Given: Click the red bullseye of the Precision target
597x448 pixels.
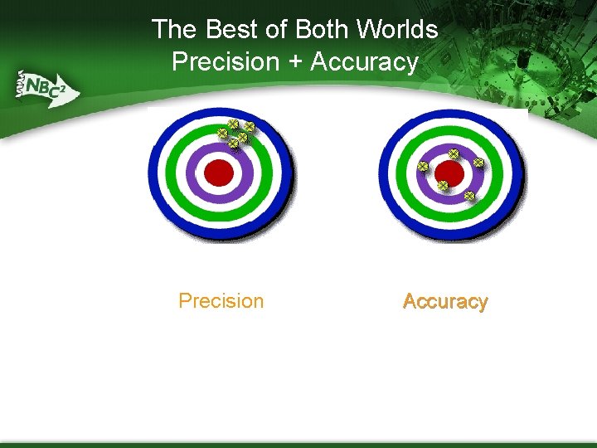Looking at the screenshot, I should pyautogui.click(x=220, y=173).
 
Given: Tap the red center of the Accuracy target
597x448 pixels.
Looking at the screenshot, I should pyautogui.click(x=449, y=173).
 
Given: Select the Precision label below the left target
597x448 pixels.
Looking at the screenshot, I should pyautogui.click(x=221, y=300).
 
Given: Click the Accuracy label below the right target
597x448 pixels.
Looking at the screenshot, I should pyautogui.click(x=445, y=301).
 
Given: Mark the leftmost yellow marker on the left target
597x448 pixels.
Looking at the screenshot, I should pyautogui.click(x=222, y=133).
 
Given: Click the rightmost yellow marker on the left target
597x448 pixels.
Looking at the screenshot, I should pyautogui.click(x=250, y=127).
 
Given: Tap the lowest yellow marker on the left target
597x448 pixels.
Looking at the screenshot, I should pyautogui.click(x=233, y=144).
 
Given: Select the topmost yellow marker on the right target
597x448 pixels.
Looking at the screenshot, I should pyautogui.click(x=454, y=153).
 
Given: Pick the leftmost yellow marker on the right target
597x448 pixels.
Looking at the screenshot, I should pyautogui.click(x=422, y=167).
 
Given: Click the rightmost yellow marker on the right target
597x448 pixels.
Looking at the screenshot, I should pyautogui.click(x=478, y=163).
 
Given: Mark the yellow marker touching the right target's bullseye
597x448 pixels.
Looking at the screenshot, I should pyautogui.click(x=443, y=184).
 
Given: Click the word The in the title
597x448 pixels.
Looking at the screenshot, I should pyautogui.click(x=174, y=30).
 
